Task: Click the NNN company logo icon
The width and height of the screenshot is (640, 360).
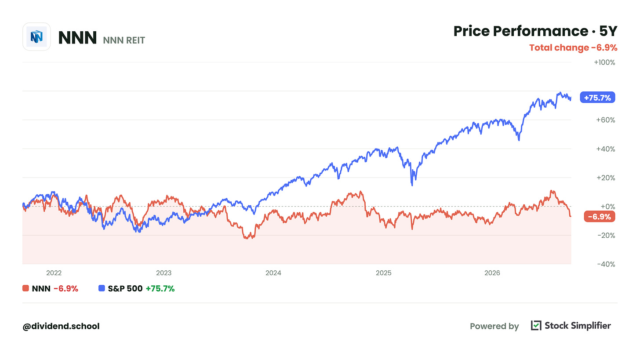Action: point(36,37)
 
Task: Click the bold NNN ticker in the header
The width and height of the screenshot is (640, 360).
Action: point(77,37)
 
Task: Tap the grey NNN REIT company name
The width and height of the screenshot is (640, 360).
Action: point(124,40)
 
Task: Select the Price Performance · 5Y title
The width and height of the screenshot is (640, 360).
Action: point(535,31)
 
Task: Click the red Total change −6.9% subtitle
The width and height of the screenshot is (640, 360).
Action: point(573,47)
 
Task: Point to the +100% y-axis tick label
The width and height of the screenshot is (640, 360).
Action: point(604,62)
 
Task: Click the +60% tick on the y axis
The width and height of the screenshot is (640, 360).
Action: point(605,120)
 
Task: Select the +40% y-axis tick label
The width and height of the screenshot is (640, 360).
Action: point(605,149)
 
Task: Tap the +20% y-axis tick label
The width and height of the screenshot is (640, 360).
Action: point(605,178)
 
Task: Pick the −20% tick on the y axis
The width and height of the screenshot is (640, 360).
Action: point(606,236)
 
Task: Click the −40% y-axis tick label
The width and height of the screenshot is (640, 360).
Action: point(606,264)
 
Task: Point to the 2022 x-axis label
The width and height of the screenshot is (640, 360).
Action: point(54,273)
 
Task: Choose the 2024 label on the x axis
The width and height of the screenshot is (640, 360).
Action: point(273,273)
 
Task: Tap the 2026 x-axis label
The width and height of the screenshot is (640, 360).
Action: point(492,273)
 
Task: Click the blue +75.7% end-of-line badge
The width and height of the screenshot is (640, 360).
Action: point(597,98)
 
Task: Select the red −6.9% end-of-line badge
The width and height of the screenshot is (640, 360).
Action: point(600,217)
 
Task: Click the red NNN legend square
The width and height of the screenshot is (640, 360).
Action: point(25,288)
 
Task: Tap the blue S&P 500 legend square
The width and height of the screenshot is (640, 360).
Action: point(102,288)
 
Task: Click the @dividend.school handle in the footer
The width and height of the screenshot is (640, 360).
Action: point(61,326)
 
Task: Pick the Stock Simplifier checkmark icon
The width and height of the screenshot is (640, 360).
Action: point(536,325)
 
